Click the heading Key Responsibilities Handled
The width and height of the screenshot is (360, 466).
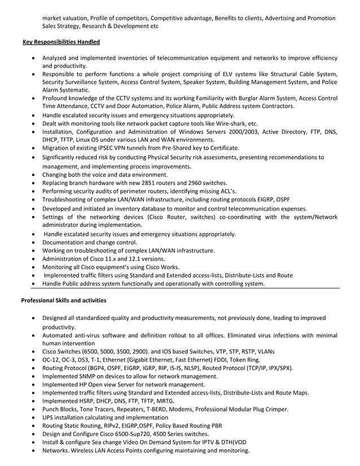point(61,42)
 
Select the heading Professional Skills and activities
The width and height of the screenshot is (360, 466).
point(63,300)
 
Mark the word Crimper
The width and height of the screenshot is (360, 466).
point(274,409)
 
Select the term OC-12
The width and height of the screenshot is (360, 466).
point(52,359)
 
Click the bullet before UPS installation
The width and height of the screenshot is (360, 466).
point(36,417)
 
